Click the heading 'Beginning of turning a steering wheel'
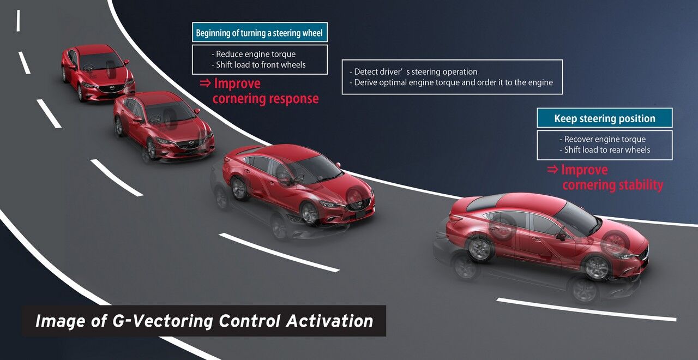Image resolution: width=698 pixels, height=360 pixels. click(259, 32)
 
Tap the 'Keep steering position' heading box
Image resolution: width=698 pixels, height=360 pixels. click(605, 118)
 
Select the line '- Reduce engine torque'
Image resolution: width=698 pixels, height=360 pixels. click(254, 54)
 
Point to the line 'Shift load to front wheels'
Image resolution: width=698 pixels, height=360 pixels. click(261, 65)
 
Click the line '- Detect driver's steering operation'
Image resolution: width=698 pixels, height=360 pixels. click(413, 71)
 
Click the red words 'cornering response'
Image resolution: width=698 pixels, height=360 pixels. click(266, 99)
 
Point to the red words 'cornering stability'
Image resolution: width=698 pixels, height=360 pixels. click(613, 185)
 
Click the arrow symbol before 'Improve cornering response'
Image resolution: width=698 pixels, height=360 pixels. click(206, 83)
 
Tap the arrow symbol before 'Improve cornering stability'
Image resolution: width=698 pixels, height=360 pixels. click(553, 169)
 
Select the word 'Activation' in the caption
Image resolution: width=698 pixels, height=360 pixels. click(330, 321)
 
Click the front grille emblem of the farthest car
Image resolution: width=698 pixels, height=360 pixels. click(112, 88)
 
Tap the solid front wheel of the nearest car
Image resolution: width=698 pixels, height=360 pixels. click(597, 268)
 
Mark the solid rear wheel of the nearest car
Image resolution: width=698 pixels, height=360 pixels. click(480, 249)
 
